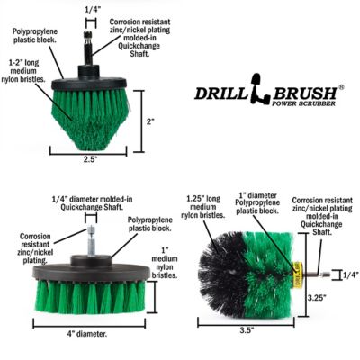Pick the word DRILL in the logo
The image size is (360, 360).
coord(220,94)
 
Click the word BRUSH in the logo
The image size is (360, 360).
coord(287,94)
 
